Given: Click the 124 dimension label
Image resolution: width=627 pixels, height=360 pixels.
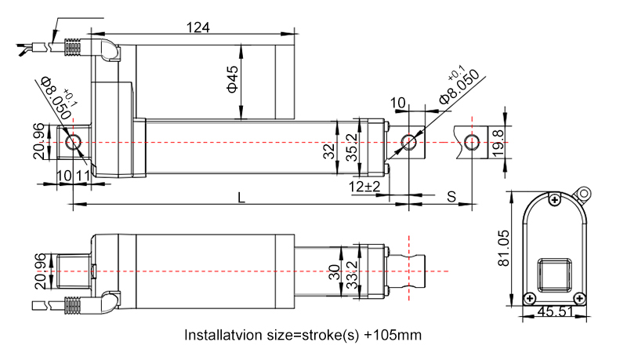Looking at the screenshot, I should (x=198, y=27).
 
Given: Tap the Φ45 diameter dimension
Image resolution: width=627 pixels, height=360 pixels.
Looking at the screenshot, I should (x=233, y=79).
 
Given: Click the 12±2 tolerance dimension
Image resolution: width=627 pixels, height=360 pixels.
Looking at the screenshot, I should (x=365, y=187).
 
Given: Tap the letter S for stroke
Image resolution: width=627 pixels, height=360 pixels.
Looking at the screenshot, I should (x=451, y=195).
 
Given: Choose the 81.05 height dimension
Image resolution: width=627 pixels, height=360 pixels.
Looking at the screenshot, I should (x=505, y=249).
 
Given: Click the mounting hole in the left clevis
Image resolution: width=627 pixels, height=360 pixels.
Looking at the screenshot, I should (x=74, y=142).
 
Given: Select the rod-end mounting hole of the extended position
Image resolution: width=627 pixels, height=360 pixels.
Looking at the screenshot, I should (x=471, y=142).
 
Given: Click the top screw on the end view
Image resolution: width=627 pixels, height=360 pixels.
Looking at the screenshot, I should (x=555, y=201).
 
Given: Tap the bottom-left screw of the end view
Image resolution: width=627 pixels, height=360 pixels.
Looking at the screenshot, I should (x=529, y=297).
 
